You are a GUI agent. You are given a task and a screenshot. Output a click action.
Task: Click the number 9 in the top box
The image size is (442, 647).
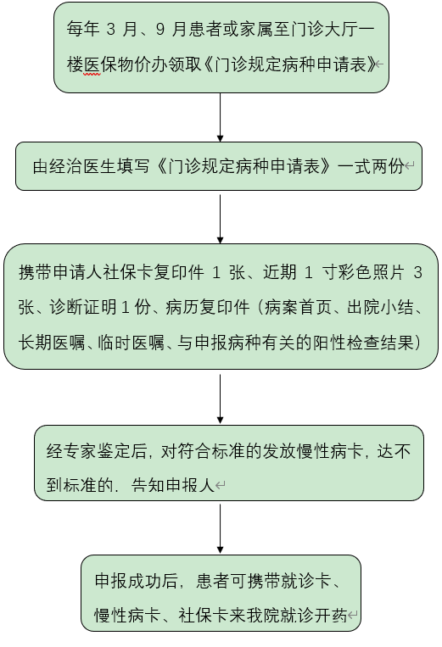[160, 30]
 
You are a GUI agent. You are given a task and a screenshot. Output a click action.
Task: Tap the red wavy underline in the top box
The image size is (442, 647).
[92, 75]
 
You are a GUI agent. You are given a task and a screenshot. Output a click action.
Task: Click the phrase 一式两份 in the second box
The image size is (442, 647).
[371, 166]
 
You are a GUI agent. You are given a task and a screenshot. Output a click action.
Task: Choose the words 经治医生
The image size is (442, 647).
[82, 166]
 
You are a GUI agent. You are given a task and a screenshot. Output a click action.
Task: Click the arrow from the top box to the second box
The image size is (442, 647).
[220, 118]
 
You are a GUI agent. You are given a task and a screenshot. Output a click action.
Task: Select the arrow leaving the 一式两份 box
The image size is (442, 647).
[220, 219]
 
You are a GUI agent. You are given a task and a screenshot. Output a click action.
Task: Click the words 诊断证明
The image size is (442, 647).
[83, 308]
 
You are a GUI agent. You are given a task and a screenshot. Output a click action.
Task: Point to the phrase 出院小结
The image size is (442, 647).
[380, 308]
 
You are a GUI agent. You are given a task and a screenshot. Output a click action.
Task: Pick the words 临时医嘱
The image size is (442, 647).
[131, 343]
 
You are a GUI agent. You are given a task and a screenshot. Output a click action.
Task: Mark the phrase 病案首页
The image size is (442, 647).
[298, 308]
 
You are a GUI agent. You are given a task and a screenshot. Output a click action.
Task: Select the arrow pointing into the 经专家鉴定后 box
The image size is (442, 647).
[220, 399]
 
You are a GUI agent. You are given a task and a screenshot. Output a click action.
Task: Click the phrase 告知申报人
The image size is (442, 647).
[173, 485]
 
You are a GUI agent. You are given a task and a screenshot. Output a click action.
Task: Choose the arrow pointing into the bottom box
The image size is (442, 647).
[220, 528]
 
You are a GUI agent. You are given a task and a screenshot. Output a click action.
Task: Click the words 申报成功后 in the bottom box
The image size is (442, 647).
[137, 581]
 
